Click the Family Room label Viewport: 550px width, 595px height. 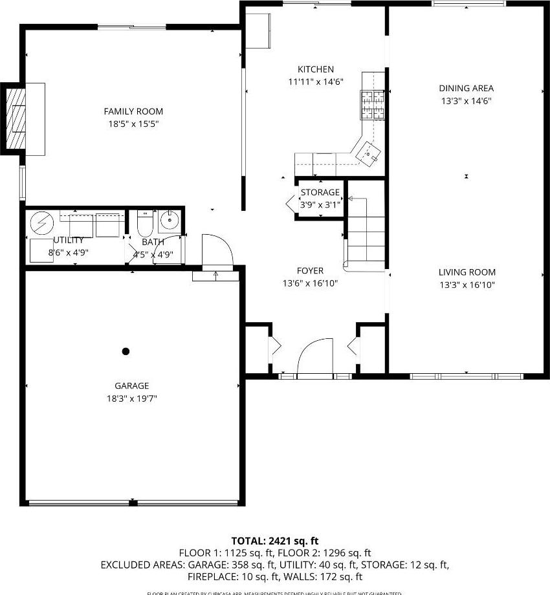click(x=133, y=111)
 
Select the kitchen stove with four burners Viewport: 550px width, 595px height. click(x=371, y=105)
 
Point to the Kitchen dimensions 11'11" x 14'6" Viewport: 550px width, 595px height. click(x=315, y=82)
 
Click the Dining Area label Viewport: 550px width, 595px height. click(x=466, y=89)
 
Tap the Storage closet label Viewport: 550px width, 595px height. click(x=320, y=192)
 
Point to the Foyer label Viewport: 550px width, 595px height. click(x=310, y=271)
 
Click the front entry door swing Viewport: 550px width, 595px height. click(x=314, y=358)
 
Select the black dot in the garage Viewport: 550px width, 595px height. click(x=126, y=351)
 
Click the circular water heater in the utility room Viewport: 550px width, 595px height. click(x=43, y=223)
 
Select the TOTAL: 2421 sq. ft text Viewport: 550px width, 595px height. click(x=275, y=541)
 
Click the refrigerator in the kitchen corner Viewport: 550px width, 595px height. click(x=258, y=31)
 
